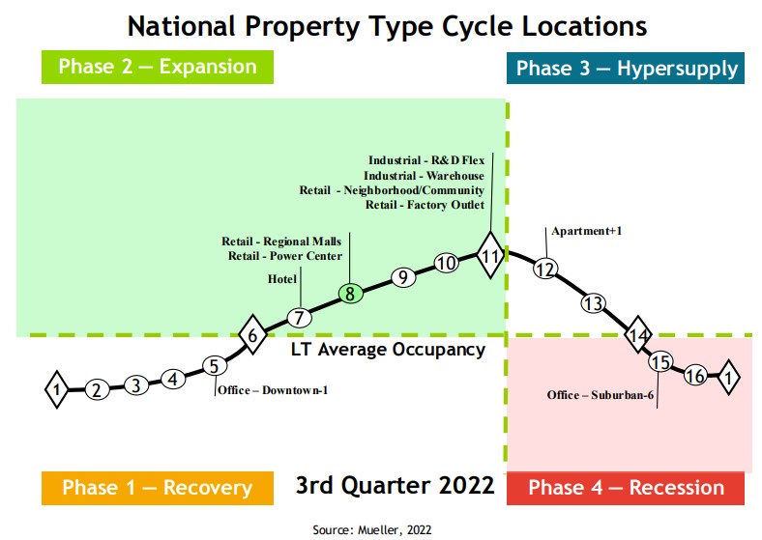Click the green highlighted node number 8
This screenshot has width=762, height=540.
point(351,293)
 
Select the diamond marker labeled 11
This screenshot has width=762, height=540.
point(490,256)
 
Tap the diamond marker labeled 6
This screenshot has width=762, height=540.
point(252,335)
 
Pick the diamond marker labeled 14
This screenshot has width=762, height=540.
point(637,335)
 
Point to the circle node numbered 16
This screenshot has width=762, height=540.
point(694,377)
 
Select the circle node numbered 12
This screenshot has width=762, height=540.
point(545,270)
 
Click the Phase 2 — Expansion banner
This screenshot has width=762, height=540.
point(158,67)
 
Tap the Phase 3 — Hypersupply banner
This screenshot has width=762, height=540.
point(626,69)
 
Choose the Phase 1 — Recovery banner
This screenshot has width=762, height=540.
point(158,488)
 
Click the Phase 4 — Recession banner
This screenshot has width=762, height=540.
point(626,488)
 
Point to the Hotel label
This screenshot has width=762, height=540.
point(282,279)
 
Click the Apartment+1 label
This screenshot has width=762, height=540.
point(585,232)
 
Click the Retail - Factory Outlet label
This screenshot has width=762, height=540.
point(425,205)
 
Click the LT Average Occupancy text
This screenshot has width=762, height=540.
point(388,350)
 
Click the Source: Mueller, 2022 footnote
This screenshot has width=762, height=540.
point(372,529)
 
